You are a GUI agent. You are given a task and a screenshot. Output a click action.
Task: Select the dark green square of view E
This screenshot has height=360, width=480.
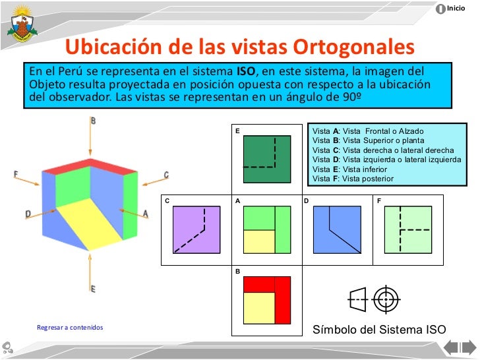[x=267, y=159]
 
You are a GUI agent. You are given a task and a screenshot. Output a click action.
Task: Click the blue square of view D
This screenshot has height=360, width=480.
[x=337, y=229]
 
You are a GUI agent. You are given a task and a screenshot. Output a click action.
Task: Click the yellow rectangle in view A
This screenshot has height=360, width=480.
[x=259, y=241]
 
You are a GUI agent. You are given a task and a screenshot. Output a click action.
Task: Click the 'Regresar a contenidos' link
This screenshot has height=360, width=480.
[x=70, y=328]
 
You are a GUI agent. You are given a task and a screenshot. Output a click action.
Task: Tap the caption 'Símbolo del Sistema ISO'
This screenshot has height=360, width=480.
[x=378, y=330]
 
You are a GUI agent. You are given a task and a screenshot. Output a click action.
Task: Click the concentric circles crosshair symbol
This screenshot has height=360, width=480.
[x=387, y=299]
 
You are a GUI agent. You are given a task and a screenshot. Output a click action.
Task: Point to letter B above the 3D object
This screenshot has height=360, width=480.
[x=94, y=121]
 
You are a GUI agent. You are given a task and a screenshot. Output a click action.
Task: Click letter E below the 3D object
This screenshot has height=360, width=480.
[x=93, y=289]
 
